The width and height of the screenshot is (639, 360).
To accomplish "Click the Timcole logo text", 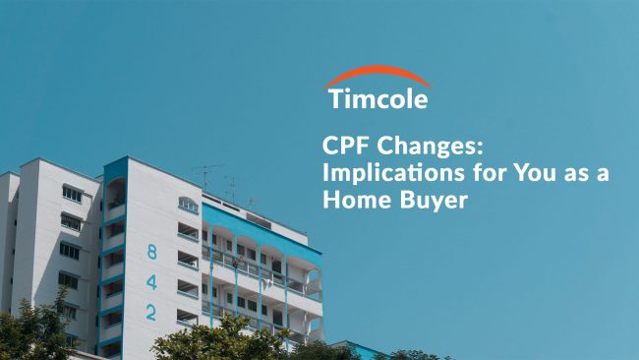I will coord(378,99).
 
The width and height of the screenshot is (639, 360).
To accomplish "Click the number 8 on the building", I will coord(151,252).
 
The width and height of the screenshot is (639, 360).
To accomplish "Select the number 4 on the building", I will coord(151,281).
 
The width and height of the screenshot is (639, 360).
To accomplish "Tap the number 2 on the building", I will coord(151,312).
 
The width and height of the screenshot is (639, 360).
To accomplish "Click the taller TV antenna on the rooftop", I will coord(206,177).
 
